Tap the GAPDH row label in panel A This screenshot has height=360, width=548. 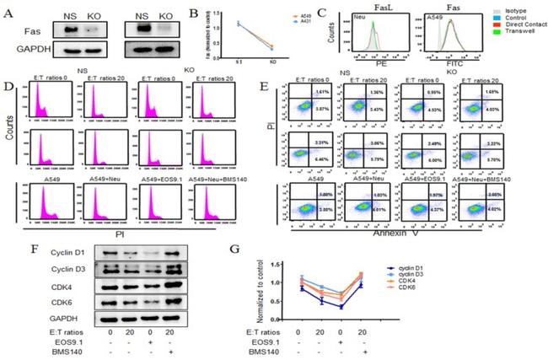click(26, 57)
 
